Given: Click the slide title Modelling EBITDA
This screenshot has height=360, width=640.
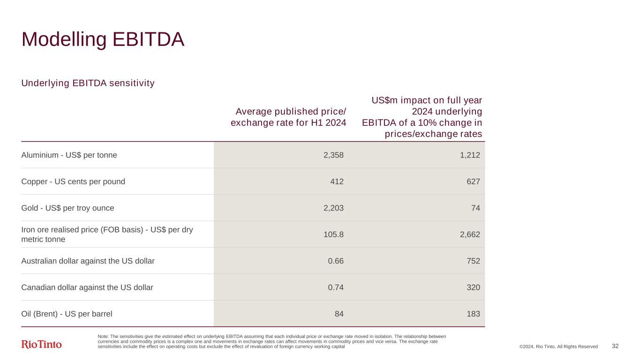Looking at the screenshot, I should (103, 40).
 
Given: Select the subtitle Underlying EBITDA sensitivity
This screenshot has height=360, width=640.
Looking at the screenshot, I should (88, 83).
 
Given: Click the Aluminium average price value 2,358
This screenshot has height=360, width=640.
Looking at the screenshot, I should (333, 155).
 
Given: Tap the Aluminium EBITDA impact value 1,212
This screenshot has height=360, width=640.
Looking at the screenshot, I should (469, 155).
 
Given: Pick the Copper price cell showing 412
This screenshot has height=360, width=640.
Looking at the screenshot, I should (337, 181).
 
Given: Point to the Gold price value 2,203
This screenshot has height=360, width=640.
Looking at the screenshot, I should (333, 208).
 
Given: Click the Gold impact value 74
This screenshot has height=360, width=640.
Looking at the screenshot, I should (475, 208).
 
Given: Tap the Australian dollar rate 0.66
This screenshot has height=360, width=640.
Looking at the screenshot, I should (336, 261).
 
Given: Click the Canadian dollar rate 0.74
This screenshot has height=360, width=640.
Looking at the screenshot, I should (336, 287).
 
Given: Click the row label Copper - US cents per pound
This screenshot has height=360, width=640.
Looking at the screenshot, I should (73, 181).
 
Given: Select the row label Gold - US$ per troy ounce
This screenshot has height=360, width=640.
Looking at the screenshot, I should (68, 208).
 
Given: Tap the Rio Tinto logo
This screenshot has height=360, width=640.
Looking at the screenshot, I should (42, 345).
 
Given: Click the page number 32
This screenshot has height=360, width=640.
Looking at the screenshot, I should (615, 346).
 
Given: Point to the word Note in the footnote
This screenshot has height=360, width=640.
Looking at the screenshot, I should (103, 337).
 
